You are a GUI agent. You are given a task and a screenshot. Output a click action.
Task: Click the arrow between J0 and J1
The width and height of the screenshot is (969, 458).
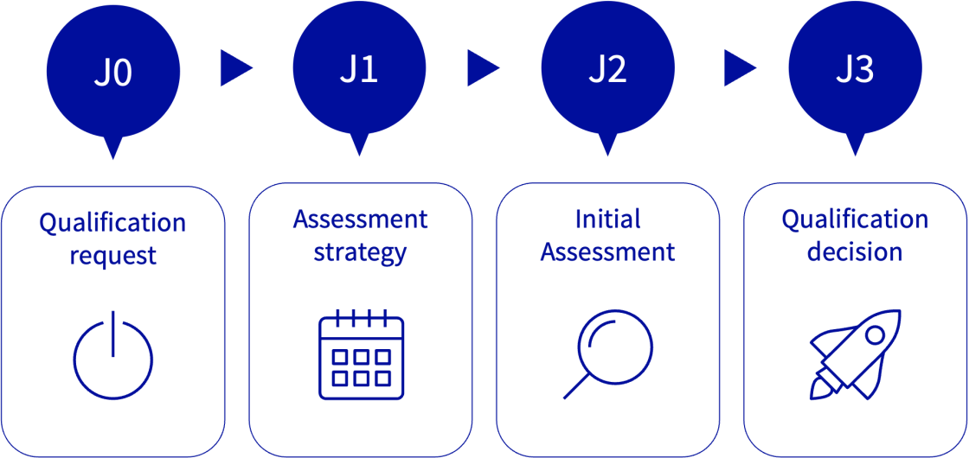pyautogui.click(x=234, y=68)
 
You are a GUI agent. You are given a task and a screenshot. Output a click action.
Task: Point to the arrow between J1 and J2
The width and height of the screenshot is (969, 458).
pyautogui.click(x=482, y=68)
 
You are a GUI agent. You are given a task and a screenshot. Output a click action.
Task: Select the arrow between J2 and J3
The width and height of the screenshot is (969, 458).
pyautogui.click(x=738, y=68)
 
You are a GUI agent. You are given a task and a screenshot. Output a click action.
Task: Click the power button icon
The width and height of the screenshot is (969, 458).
pyautogui.click(x=112, y=357)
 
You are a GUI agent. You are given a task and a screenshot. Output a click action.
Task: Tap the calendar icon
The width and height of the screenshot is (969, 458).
pyautogui.click(x=361, y=355)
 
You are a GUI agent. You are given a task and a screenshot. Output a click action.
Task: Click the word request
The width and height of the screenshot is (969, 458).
pyautogui.click(x=112, y=256)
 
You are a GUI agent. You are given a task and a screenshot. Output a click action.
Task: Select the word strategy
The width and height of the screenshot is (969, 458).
pyautogui.click(x=360, y=253)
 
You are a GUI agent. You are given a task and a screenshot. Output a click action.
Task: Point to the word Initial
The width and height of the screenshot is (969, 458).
pyautogui.click(x=607, y=219)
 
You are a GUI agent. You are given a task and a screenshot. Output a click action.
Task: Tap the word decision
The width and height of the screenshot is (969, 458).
pyautogui.click(x=855, y=251)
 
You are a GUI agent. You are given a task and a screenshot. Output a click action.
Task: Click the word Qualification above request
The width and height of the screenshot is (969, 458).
pyautogui.click(x=112, y=223)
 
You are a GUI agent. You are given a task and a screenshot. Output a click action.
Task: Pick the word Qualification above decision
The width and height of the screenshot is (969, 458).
pyautogui.click(x=855, y=219)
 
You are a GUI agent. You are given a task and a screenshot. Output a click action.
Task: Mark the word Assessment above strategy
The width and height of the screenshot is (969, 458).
pyautogui.click(x=360, y=219)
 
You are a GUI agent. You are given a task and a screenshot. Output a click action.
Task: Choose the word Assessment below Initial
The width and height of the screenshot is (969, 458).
pyautogui.click(x=607, y=252)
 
